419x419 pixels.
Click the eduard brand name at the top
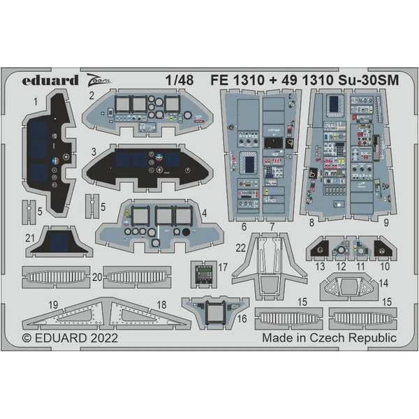[50, 80]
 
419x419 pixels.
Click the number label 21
[29, 238]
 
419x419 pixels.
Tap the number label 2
[92, 96]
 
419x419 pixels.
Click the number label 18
[161, 304]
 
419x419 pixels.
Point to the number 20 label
[96, 277]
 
